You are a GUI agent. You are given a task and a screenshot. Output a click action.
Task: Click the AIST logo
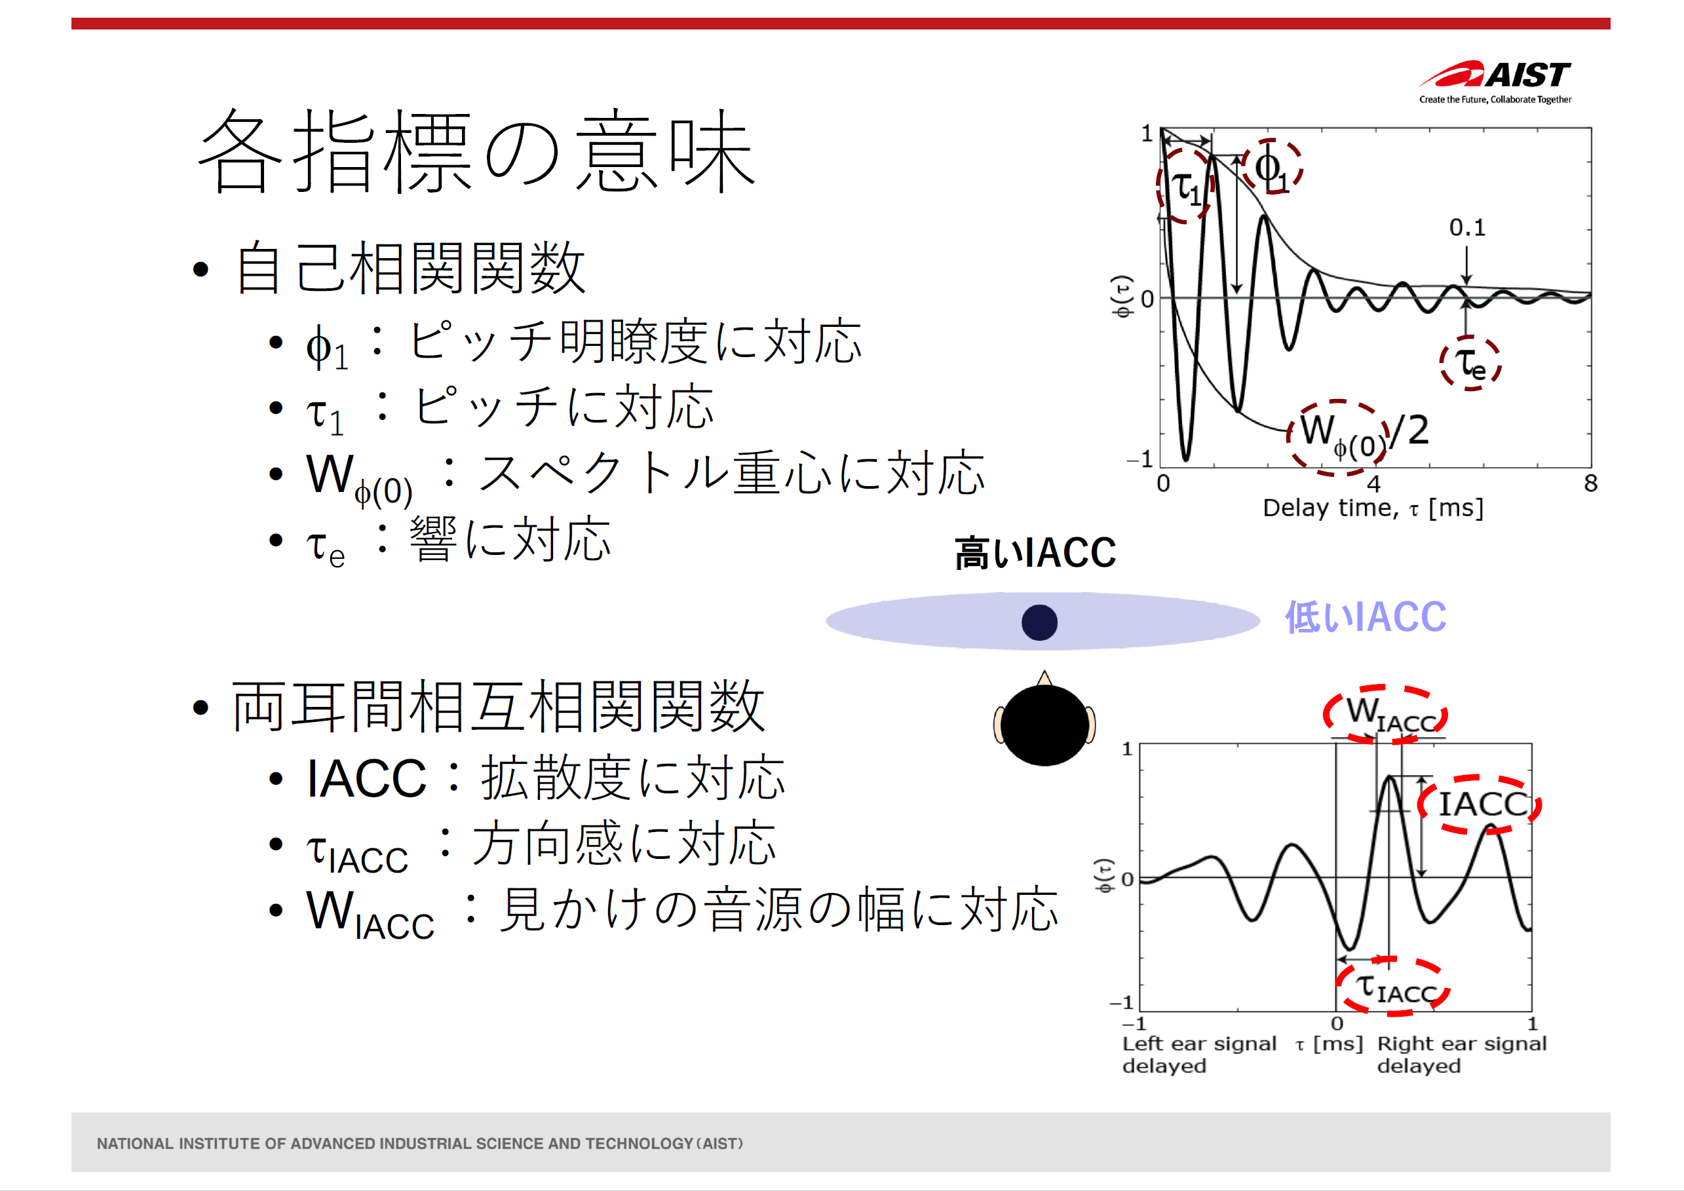(x=1495, y=81)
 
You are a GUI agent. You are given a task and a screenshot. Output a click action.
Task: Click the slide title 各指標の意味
(x=477, y=151)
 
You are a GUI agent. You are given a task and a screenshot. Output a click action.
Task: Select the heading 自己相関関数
(x=410, y=269)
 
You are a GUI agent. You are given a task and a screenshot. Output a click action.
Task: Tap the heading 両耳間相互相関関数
(x=499, y=706)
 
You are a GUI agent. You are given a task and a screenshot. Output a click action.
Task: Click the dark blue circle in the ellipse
(x=1039, y=622)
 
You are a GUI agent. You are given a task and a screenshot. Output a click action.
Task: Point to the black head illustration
(x=1044, y=719)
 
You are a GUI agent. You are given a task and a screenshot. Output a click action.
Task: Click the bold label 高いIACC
(x=1035, y=552)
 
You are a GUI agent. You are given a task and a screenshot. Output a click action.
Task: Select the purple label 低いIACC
(x=1366, y=616)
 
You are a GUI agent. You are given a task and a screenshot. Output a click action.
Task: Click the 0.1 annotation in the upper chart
(x=1467, y=227)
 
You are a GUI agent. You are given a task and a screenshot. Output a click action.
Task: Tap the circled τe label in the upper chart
(x=1470, y=363)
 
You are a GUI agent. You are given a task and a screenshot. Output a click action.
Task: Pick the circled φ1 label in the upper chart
(x=1272, y=166)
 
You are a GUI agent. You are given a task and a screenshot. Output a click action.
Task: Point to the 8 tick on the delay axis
(x=1590, y=483)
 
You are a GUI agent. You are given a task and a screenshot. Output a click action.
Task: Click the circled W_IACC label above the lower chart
(x=1385, y=714)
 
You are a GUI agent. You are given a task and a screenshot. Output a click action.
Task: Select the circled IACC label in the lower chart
(x=1480, y=804)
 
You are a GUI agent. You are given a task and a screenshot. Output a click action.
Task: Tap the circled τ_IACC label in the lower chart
(x=1393, y=987)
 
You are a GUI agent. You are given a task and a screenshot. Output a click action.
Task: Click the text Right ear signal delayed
(x=1462, y=1054)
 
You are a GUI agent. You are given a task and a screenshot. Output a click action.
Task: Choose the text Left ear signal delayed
(x=1199, y=1054)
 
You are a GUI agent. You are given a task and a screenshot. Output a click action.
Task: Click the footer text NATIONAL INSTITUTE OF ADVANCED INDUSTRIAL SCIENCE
(x=419, y=1143)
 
